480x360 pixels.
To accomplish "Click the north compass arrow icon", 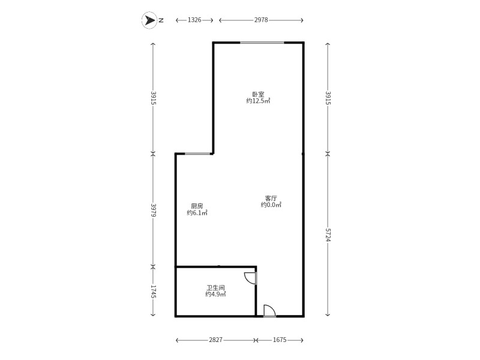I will tap(149, 20).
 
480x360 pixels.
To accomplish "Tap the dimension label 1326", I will tap(194, 20).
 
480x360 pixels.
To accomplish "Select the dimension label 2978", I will tap(260, 20).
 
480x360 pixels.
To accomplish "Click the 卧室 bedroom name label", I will tap(258, 94).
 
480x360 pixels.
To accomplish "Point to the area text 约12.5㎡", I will tap(258, 101).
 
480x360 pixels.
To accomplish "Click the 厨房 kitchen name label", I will tap(197, 206).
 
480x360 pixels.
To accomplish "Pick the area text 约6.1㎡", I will tap(197, 213).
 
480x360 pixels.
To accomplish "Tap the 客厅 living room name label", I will tap(271, 198).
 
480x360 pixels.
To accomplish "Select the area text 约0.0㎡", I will tap(271, 205).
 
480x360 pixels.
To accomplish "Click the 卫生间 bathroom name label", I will tap(215, 287).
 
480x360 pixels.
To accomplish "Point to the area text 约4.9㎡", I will tap(215, 295).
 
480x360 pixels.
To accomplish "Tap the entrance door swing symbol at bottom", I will tap(269, 311).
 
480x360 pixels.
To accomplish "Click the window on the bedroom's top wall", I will tap(262, 43).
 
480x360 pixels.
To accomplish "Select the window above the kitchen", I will tap(197, 154).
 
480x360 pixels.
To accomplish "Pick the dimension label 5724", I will tap(328, 235).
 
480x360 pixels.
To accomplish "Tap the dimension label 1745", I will tap(154, 292).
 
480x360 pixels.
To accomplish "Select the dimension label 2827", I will tap(216, 340).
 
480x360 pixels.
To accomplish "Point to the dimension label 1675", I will tap(280, 340).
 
